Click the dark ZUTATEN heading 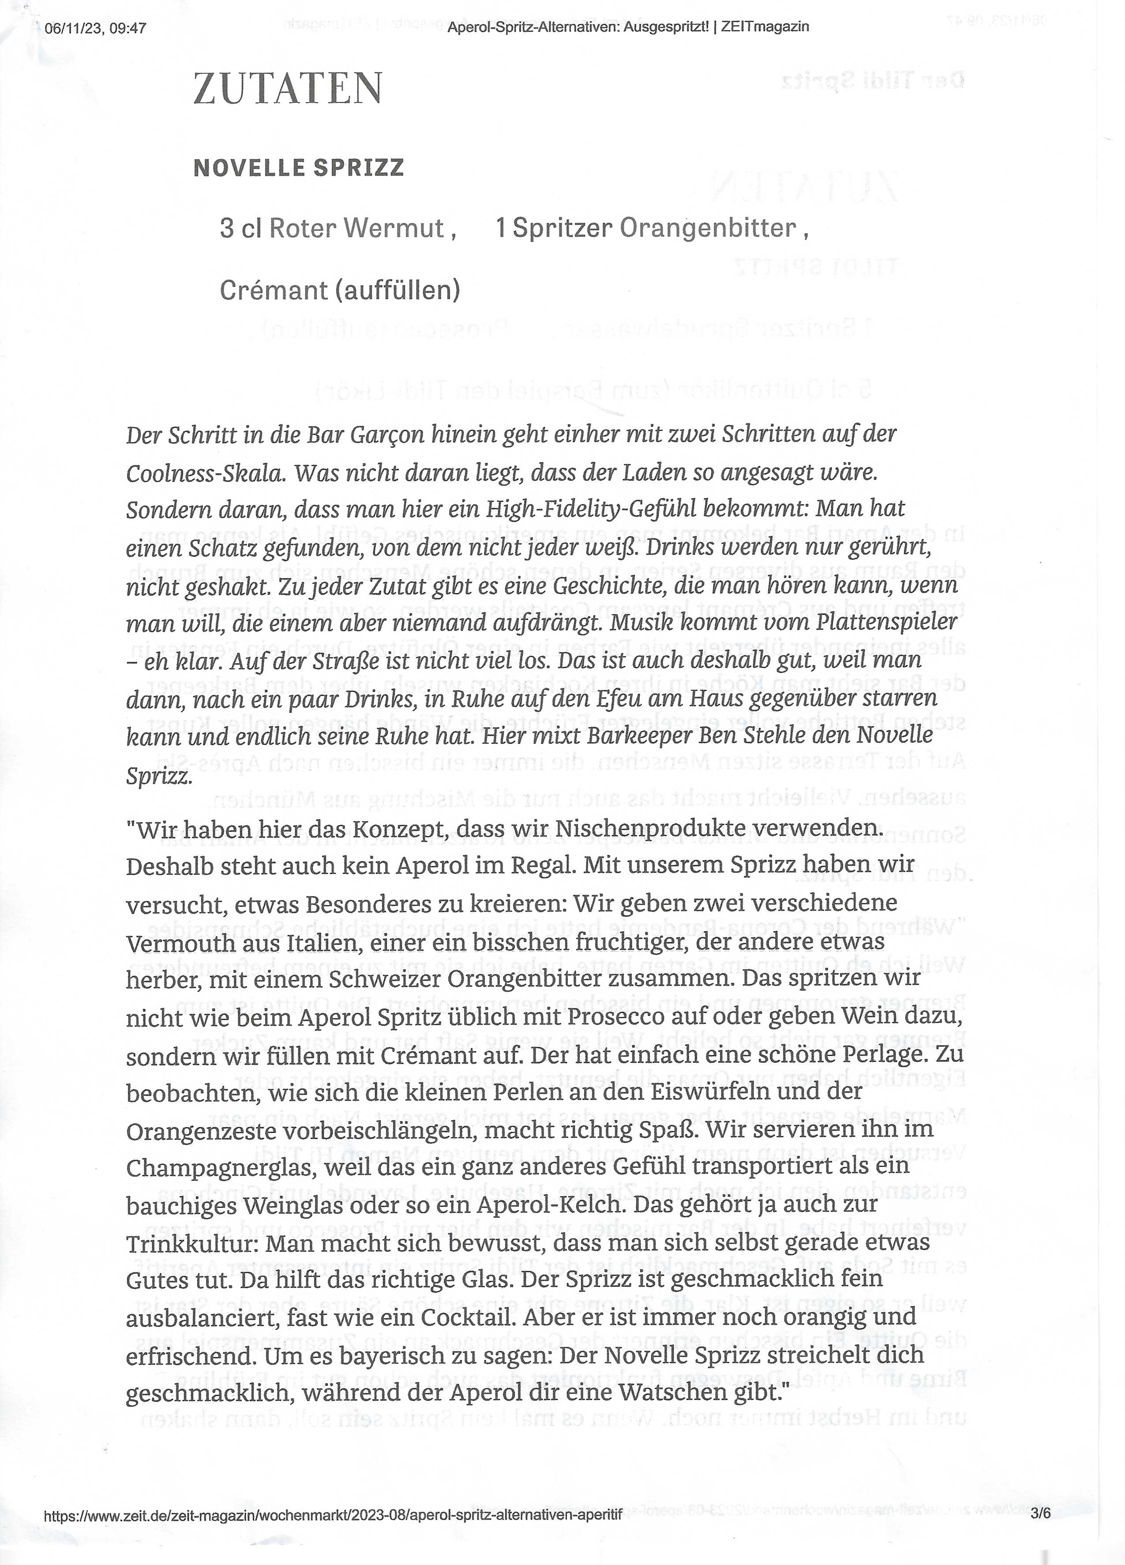[x=287, y=88]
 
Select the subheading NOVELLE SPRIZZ [x=298, y=168]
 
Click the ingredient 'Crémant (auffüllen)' [x=340, y=291]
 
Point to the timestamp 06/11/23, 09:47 [x=95, y=28]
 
